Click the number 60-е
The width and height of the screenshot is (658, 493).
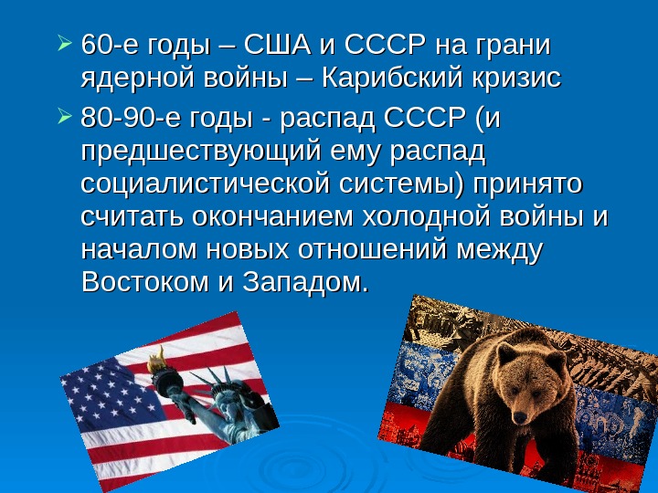108,45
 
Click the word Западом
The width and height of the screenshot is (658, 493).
306,282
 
